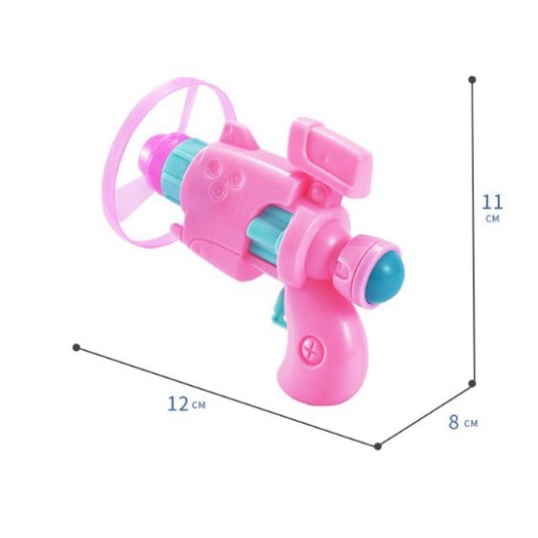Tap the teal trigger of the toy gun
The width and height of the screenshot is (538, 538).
point(279,310)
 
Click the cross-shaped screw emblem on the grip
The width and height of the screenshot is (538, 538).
point(312,350)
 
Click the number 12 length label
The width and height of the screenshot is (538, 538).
point(178,403)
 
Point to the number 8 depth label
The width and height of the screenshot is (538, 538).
point(453,421)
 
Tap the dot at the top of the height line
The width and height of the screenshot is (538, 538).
point(472,80)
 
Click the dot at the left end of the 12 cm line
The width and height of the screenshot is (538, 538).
point(77,347)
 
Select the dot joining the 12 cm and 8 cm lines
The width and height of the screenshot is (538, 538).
point(378,447)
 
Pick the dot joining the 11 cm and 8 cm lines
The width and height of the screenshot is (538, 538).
point(472,383)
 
